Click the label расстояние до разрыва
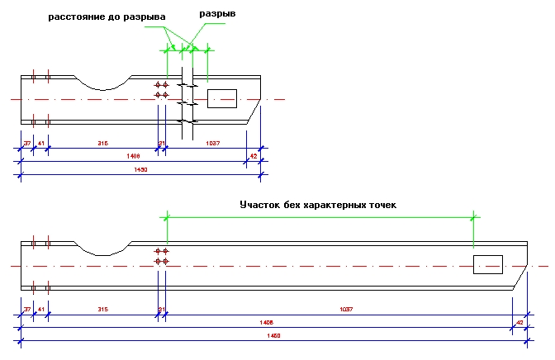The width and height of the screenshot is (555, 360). [x=107, y=16]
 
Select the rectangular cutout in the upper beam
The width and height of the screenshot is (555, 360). [x=221, y=98]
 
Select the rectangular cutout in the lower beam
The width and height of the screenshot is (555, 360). [x=487, y=264]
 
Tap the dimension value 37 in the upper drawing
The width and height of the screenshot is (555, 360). [x=27, y=144]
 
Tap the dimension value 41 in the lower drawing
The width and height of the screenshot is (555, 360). [x=41, y=309]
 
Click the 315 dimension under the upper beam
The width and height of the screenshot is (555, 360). [x=102, y=144]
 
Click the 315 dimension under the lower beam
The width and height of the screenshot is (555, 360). [x=102, y=309]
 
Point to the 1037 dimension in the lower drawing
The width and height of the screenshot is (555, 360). [x=346, y=309]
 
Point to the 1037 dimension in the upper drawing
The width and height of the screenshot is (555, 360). [x=213, y=144]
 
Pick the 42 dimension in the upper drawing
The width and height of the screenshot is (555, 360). [x=254, y=156]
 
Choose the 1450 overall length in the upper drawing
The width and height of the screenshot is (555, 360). [x=140, y=170]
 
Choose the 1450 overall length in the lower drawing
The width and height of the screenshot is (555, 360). [x=274, y=335]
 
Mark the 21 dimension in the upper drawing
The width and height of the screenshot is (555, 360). [x=162, y=144]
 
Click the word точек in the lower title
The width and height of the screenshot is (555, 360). [x=378, y=204]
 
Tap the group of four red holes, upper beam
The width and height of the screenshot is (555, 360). [x=162, y=90]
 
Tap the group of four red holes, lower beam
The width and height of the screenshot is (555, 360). [x=162, y=256]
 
